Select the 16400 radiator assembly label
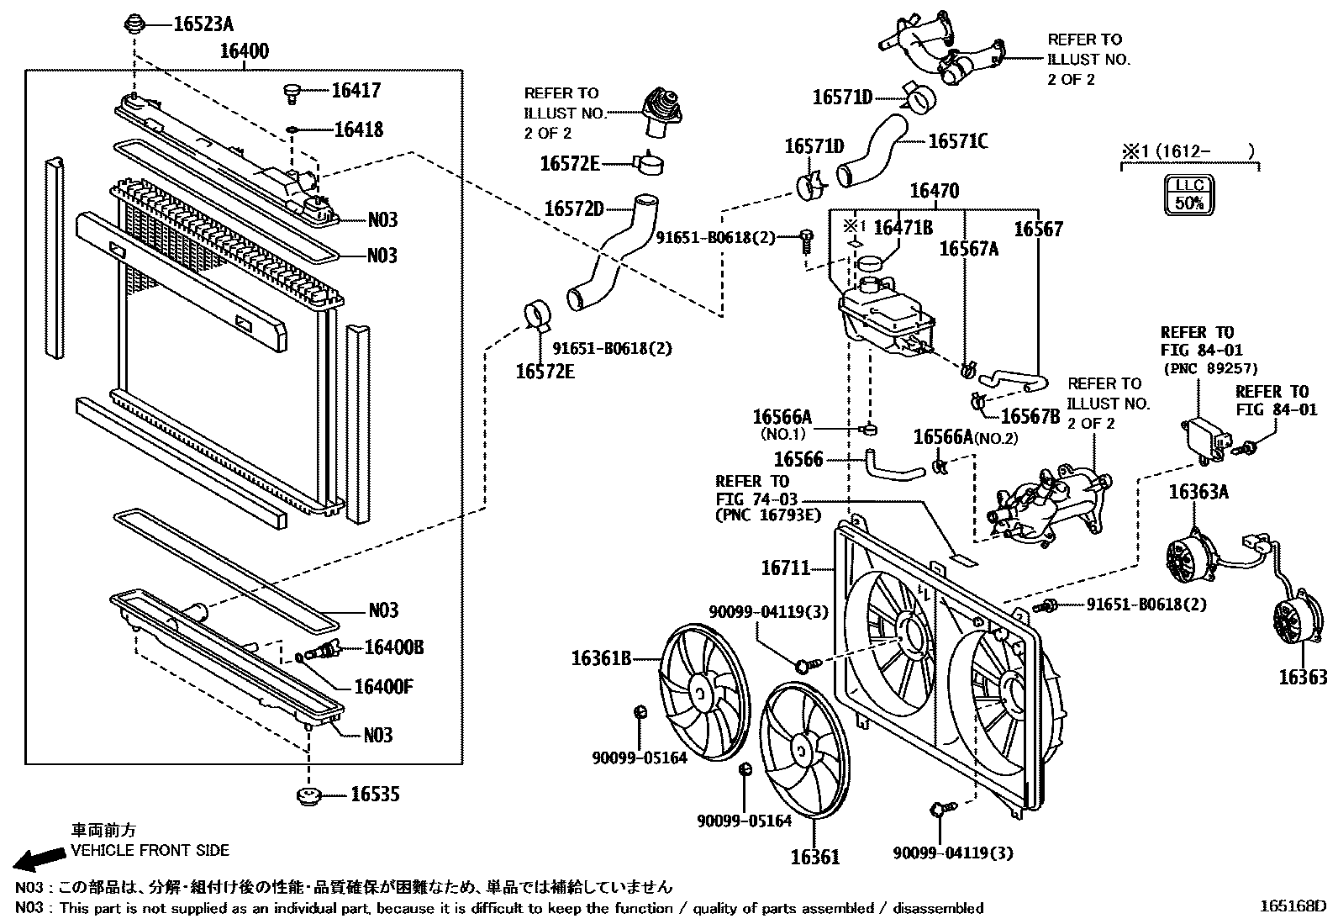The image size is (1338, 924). click(x=245, y=51)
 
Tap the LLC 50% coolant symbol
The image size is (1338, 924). click(x=1189, y=194)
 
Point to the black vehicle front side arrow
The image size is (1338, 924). click(x=40, y=858)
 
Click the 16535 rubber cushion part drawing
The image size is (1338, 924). click(x=310, y=795)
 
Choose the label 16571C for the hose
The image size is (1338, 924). click(x=958, y=141)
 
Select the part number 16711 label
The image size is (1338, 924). click(x=787, y=568)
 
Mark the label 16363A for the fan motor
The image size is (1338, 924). click(x=1198, y=492)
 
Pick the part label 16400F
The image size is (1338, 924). click(x=383, y=687)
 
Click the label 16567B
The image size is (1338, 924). click(x=1030, y=416)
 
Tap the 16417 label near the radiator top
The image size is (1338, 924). click(x=356, y=91)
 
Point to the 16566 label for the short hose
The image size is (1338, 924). click(x=798, y=459)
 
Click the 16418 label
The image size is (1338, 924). click(x=358, y=129)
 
